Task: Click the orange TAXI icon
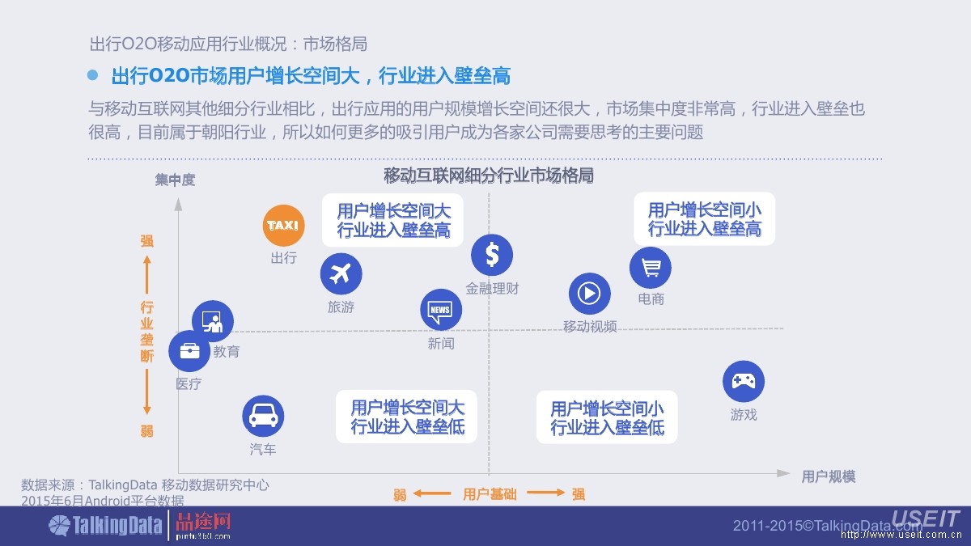point(284,225)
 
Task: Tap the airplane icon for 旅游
point(341,273)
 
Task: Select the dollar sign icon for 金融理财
point(492,255)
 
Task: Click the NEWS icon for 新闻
point(440,310)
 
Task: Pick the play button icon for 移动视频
point(589,294)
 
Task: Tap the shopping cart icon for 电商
point(651,268)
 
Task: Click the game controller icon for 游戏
point(743,382)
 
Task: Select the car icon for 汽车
point(263,416)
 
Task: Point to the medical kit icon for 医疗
point(189,351)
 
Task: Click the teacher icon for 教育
point(213,321)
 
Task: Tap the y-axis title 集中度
point(176,180)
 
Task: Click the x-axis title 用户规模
point(828,476)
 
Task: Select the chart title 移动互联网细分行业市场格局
point(489,175)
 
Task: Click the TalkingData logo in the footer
point(105,526)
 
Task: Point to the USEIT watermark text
point(925,518)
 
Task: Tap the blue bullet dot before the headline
point(92,75)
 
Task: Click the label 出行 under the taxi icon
point(284,258)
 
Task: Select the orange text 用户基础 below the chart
point(490,493)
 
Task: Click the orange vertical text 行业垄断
point(146,331)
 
